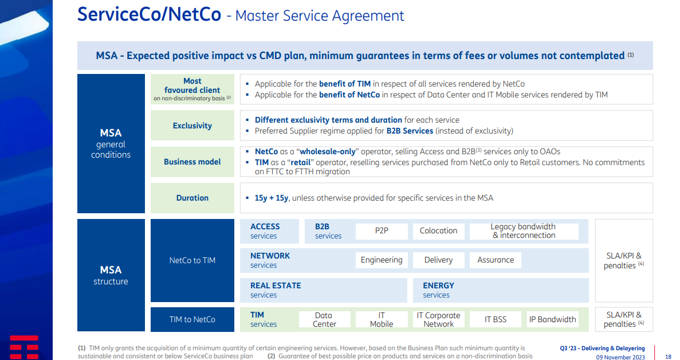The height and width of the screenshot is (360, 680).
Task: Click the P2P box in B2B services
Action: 382,231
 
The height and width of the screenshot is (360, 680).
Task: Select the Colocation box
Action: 438,231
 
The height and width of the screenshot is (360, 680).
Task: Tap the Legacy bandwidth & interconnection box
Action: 524,231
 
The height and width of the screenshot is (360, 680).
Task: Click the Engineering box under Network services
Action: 382,260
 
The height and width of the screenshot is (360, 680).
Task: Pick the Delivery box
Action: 438,260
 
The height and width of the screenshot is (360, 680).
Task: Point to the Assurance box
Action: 496,260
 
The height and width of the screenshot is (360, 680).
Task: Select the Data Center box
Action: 324,320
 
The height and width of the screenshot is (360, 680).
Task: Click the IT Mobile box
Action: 382,320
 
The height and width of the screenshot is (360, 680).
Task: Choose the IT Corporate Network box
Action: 438,320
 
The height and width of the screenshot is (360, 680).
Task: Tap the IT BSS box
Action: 496,320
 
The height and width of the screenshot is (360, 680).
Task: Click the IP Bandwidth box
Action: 552,320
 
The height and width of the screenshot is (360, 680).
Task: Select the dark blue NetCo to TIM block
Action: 192,260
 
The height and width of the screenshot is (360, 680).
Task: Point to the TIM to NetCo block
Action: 192,320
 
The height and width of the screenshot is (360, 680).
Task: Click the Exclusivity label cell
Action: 192,126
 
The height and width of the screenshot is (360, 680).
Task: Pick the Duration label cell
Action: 192,198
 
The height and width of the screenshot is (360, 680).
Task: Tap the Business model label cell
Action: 192,162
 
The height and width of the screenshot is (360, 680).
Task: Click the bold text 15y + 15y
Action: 272,198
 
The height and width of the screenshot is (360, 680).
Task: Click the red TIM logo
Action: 24,347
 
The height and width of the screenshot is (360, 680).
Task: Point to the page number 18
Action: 669,357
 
